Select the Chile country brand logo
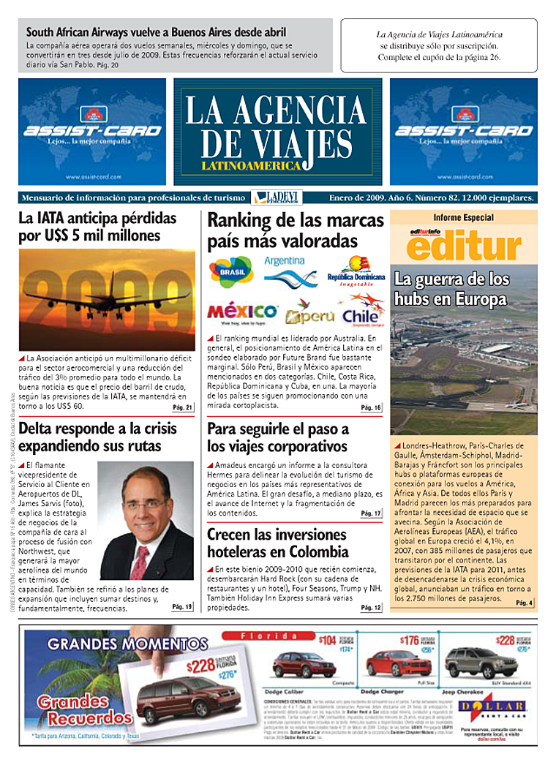361,312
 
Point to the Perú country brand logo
310,315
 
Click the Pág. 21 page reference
182,407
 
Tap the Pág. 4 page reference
525,602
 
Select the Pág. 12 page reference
371,608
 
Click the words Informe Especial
463,217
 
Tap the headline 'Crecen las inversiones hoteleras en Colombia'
277,543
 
